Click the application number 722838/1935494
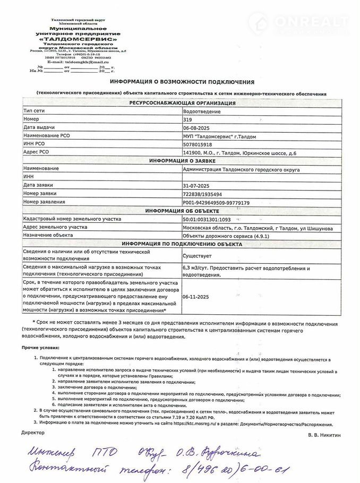[x=202, y=194]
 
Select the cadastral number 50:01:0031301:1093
[x=207, y=219]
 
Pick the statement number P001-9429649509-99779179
[x=216, y=202]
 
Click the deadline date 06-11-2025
[x=195, y=298]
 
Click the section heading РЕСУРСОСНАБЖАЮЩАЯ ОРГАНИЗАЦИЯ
[x=182, y=103]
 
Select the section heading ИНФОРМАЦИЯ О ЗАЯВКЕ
[x=182, y=160]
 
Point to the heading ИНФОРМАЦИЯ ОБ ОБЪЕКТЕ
[x=182, y=211]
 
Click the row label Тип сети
[x=35, y=112]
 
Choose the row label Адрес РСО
[x=37, y=152]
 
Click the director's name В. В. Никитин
[x=323, y=435]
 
